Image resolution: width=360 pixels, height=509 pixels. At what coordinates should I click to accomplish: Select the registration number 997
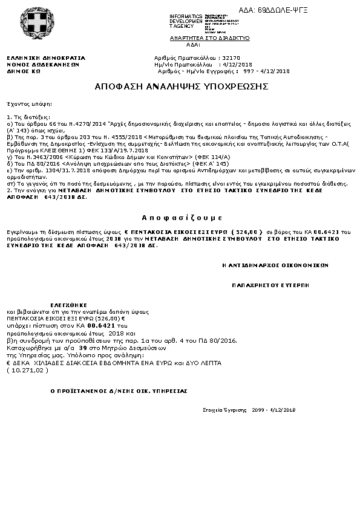[x=249, y=71]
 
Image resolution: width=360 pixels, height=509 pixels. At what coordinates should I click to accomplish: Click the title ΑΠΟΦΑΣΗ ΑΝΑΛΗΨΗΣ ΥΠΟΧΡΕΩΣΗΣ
[x=181, y=87]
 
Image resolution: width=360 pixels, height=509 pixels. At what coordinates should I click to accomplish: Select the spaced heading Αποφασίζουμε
[x=180, y=216]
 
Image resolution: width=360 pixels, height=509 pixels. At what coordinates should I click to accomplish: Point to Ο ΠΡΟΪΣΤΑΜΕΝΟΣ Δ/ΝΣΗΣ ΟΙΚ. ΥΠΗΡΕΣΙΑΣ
[x=119, y=391]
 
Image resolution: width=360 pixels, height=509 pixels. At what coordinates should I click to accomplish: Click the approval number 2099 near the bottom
[x=258, y=410]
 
